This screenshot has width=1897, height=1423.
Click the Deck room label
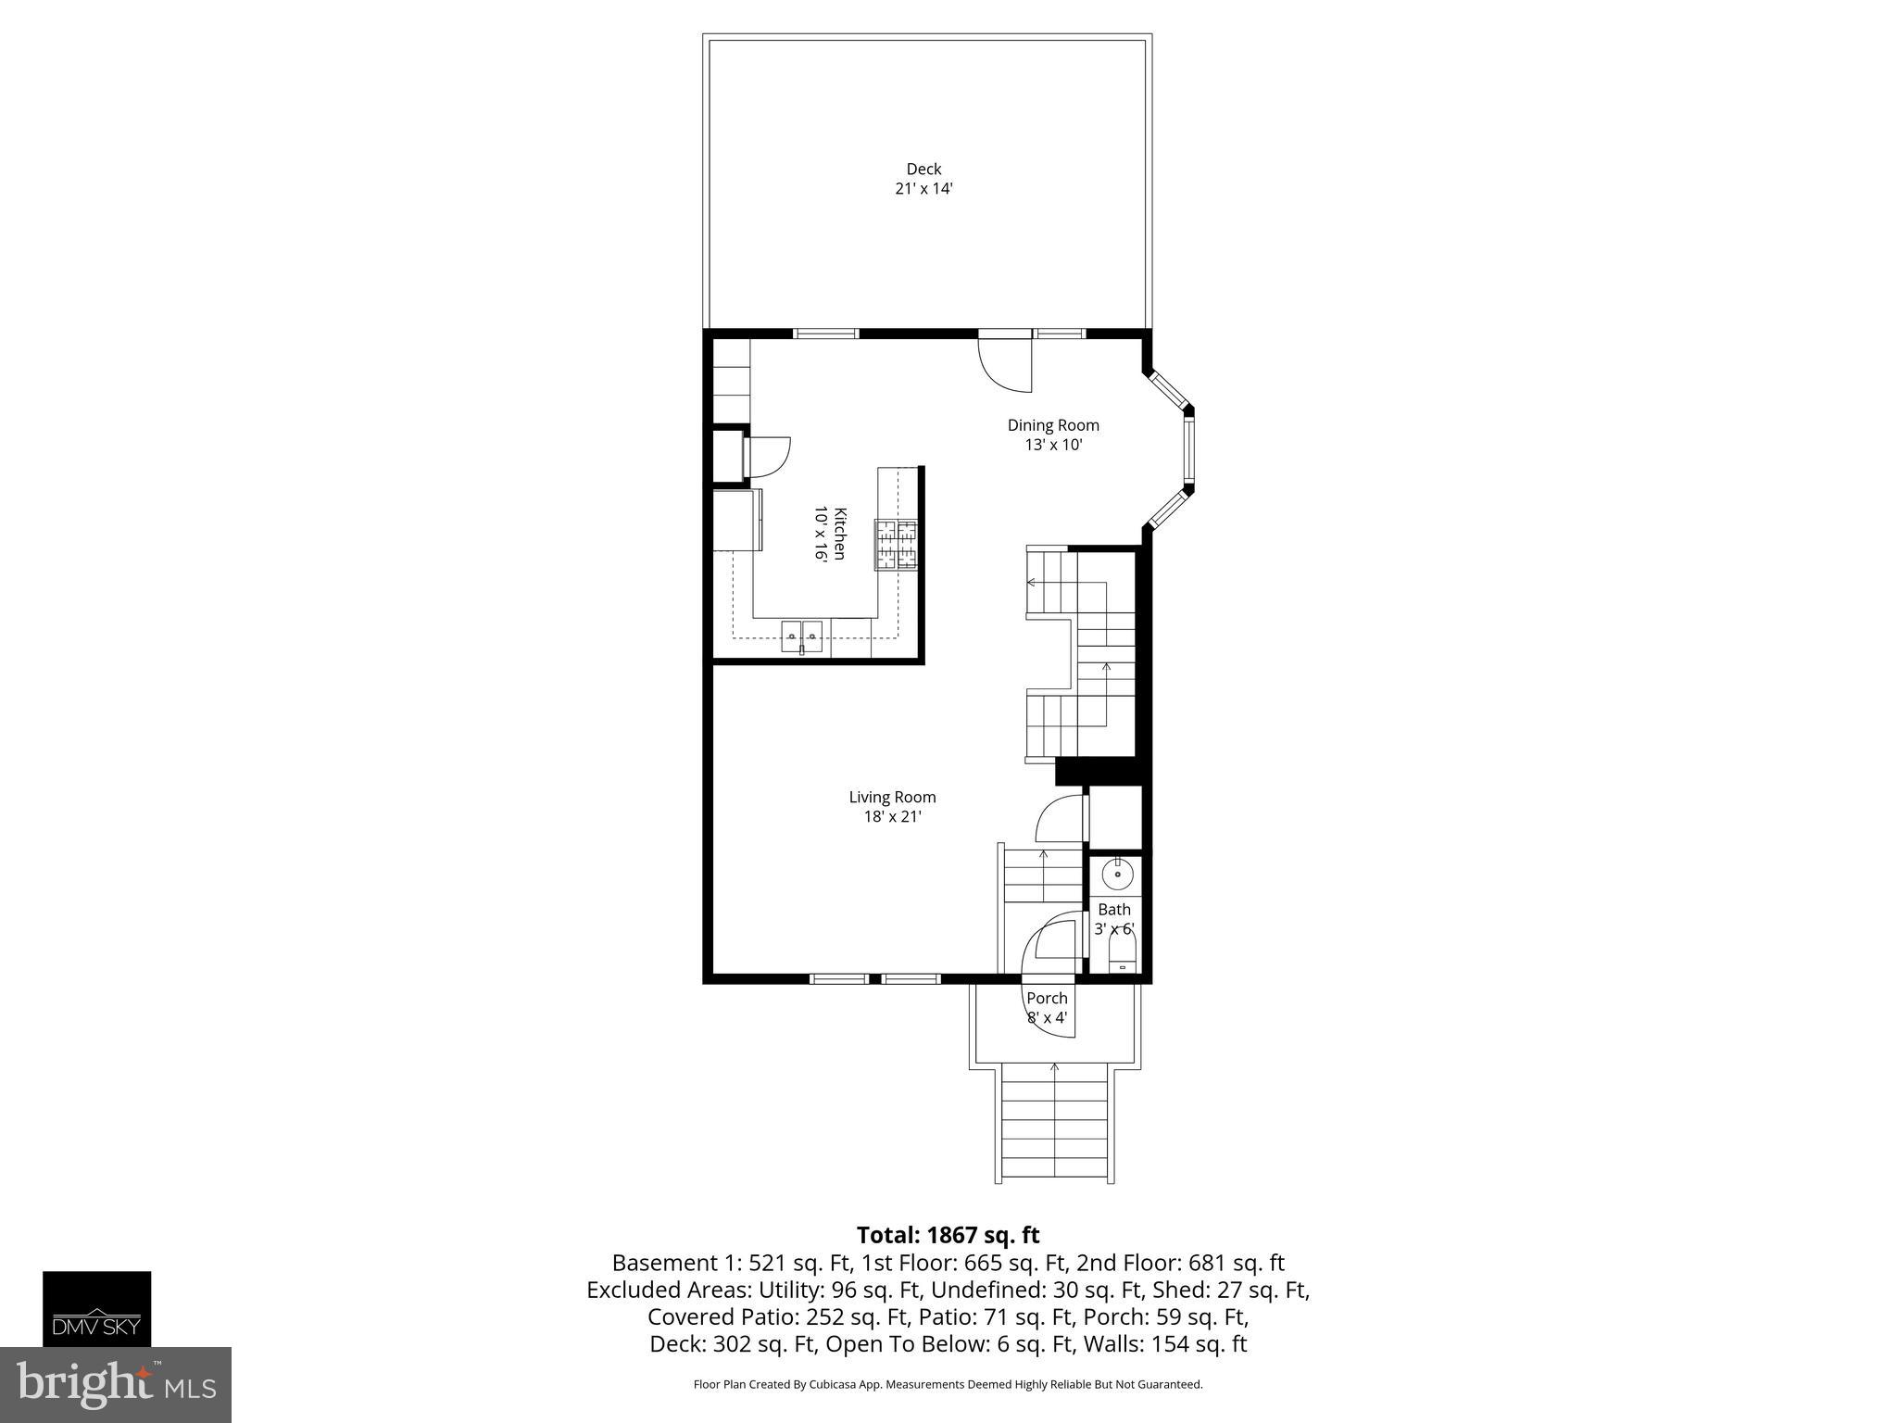[923, 169]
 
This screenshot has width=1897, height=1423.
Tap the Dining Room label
[1053, 425]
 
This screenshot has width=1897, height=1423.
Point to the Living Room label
[892, 797]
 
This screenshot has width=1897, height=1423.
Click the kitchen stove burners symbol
[896, 545]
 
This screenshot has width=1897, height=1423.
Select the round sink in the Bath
[1118, 873]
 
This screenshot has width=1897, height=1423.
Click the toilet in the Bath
[1123, 955]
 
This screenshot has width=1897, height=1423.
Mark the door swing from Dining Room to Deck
[1004, 365]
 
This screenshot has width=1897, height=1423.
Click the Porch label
[1047, 998]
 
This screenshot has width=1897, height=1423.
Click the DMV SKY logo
[96, 1308]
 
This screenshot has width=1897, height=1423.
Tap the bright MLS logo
[116, 1384]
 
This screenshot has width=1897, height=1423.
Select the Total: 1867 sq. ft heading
[948, 1235]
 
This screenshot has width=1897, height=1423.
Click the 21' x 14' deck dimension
[923, 189]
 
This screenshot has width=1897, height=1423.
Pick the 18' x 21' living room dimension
[892, 817]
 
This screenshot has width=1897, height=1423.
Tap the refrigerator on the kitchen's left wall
[737, 520]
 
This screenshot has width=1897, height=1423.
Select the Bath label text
[1114, 909]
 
